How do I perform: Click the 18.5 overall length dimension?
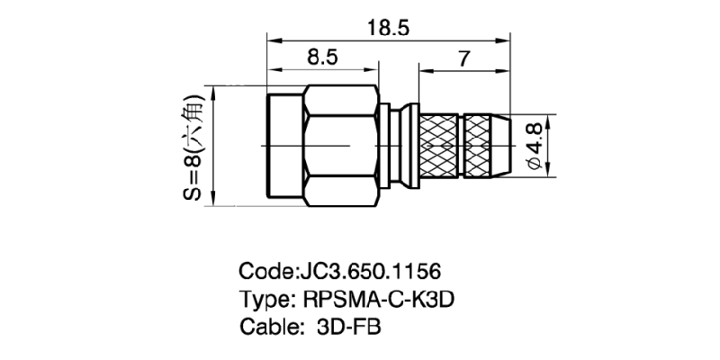(x=388, y=28)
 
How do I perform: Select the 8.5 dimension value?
(x=321, y=58)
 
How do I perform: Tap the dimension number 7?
(x=463, y=59)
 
